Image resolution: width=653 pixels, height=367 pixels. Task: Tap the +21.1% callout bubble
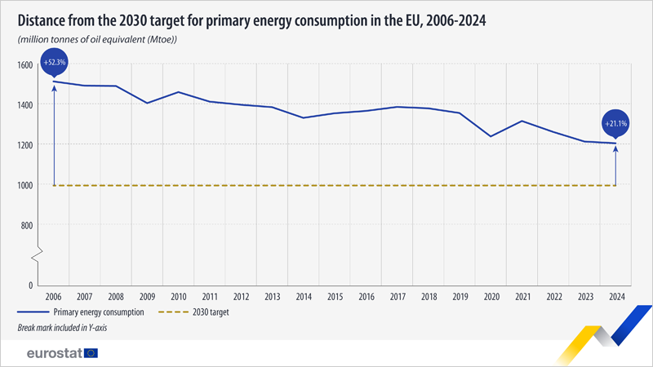[615, 123]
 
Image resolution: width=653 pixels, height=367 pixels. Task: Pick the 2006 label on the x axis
[54, 297]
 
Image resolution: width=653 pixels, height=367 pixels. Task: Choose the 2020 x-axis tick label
[491, 297]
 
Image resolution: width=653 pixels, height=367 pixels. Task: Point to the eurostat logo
[53, 353]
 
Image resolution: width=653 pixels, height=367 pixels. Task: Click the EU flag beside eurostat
[90, 353]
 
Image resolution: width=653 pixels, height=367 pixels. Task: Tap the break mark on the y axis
[34, 259]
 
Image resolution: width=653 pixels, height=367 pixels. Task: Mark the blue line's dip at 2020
[491, 136]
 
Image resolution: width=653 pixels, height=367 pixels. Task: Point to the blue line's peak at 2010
[179, 92]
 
